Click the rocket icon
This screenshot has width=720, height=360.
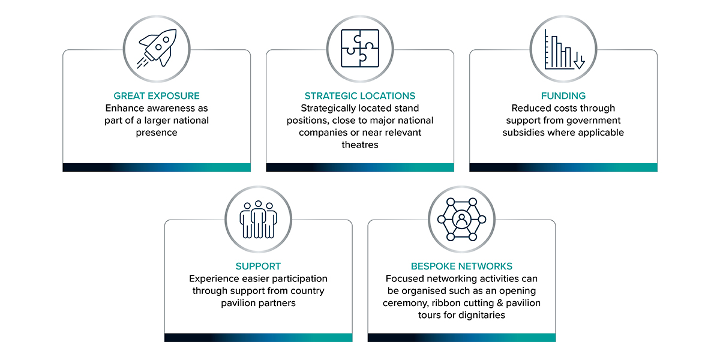(x=157, y=49)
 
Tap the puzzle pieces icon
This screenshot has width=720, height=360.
(x=360, y=49)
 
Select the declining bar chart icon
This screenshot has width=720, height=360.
(x=564, y=49)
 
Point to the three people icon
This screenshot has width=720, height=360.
(x=258, y=220)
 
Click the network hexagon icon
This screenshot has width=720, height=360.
(x=461, y=220)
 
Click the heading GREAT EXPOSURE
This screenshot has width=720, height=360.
(x=157, y=96)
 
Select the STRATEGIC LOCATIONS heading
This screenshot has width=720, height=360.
(x=360, y=96)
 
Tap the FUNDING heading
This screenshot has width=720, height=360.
(x=563, y=96)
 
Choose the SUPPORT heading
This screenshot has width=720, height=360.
(x=258, y=266)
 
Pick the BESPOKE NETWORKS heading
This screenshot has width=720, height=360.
(x=461, y=266)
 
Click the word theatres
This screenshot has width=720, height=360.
(x=360, y=145)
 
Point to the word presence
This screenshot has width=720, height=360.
(x=157, y=133)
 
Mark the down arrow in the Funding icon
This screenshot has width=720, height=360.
(x=579, y=61)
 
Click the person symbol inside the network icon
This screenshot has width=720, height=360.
(x=461, y=219)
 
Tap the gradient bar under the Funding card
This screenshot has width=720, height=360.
(x=563, y=167)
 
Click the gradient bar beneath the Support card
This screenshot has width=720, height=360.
(x=258, y=337)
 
